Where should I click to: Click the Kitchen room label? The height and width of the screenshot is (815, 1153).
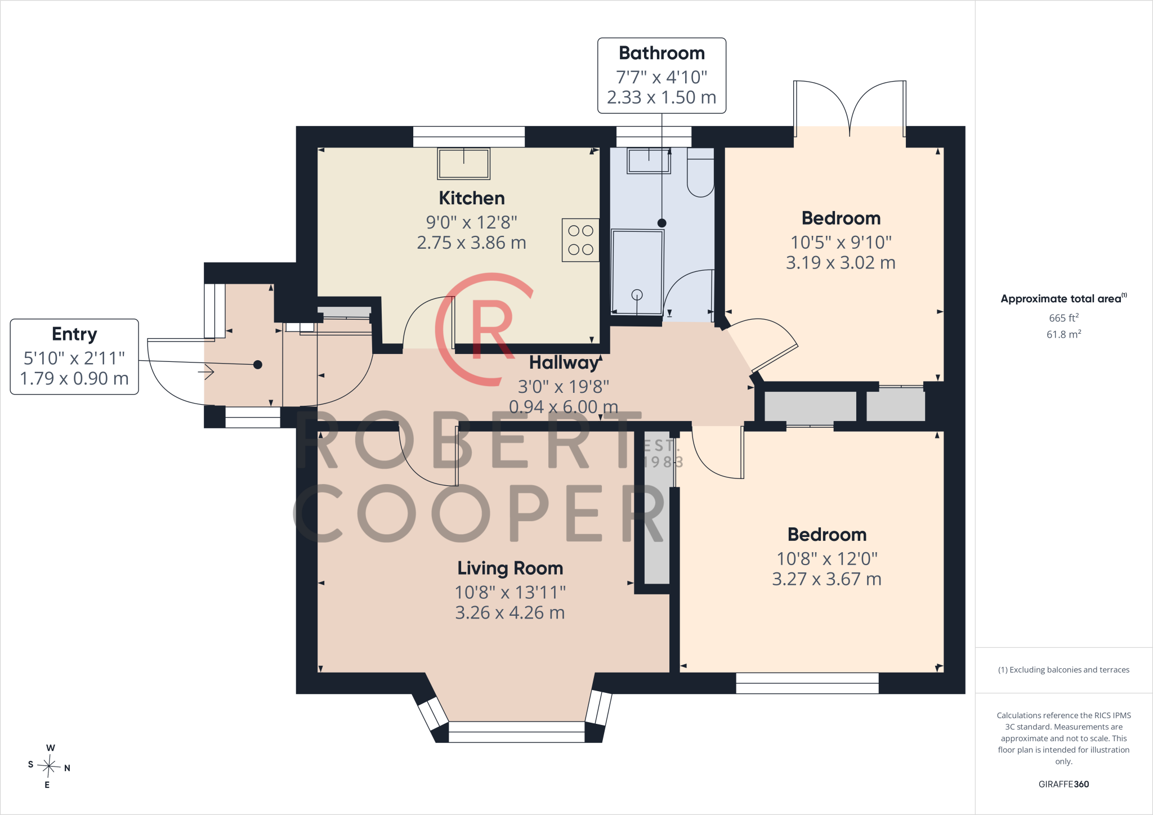coord(472,198)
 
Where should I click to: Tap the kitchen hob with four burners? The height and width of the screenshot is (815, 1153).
coord(580,240)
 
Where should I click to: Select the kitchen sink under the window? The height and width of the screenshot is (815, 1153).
coord(464,164)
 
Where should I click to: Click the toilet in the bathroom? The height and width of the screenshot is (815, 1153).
coord(700,172)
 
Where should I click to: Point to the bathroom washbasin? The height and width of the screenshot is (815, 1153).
coord(649,160)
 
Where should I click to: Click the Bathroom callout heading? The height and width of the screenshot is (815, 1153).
coord(662,53)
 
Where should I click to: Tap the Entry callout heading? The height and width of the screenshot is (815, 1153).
coord(74,334)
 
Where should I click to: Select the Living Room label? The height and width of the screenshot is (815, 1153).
coord(510,568)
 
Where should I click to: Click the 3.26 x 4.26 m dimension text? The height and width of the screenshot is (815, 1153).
coord(510,612)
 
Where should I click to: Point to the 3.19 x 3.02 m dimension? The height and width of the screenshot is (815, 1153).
coord(841,262)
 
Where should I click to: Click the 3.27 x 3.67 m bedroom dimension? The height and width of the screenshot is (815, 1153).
coord(826,579)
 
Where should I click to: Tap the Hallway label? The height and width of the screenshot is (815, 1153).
coord(564,363)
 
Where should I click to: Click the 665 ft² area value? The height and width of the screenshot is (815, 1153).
coord(1063,317)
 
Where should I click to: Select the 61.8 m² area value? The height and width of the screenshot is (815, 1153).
coord(1063,334)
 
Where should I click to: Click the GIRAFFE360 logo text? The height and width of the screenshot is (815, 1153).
coord(1063,784)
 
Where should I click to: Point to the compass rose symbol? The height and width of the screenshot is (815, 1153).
coord(49,766)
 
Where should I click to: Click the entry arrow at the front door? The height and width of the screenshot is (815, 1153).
coord(206,372)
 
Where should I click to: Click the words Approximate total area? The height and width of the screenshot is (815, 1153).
coord(1061,299)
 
